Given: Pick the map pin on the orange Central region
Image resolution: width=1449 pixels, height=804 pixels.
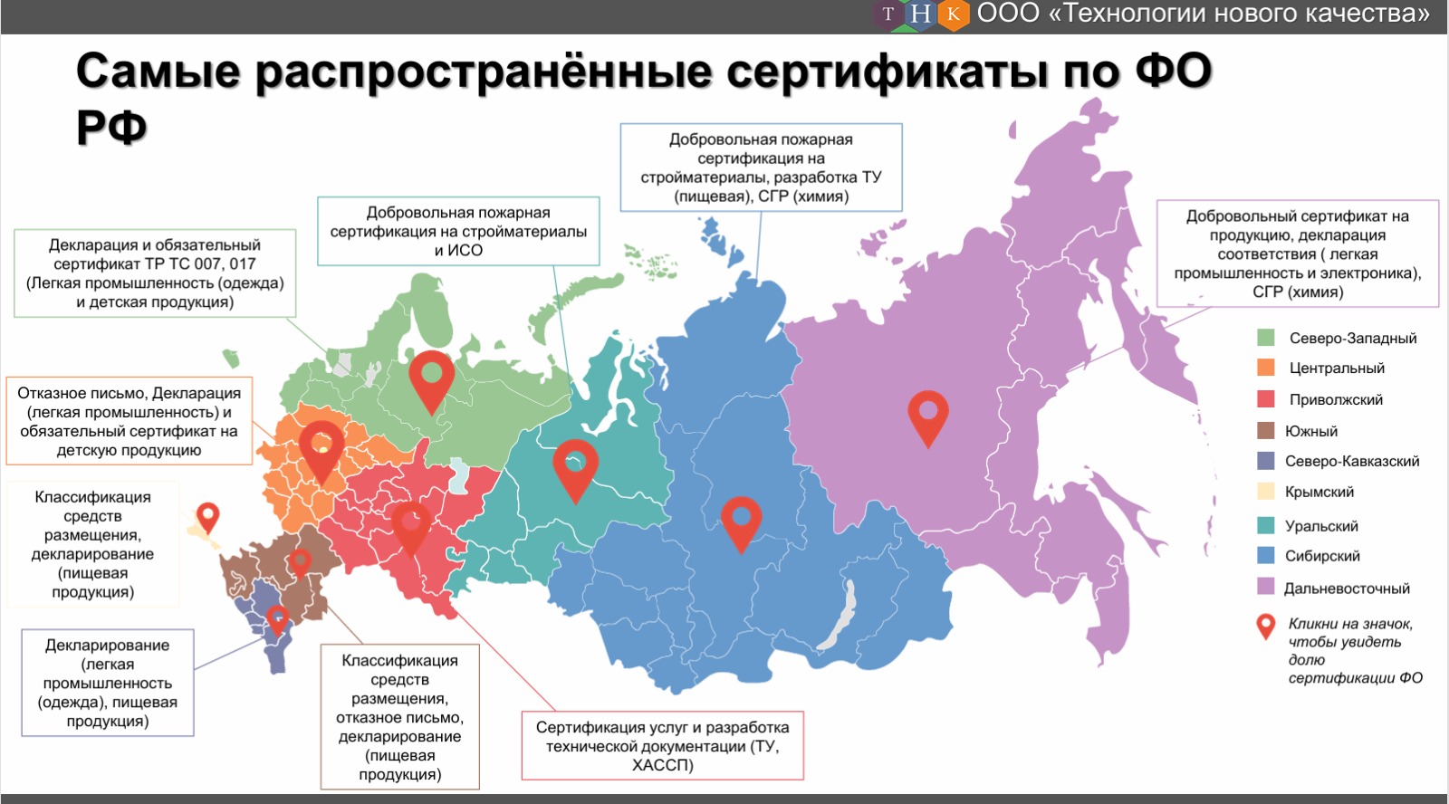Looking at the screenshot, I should tap(321, 446).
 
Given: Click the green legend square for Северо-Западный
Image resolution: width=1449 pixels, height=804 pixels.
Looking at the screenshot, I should tap(1266, 338).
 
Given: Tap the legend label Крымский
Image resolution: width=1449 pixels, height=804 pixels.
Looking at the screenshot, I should tap(1319, 492).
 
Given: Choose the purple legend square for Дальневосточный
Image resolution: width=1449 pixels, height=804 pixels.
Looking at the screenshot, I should tap(1266, 587).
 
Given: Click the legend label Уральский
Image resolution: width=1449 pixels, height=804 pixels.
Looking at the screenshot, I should tap(1321, 526).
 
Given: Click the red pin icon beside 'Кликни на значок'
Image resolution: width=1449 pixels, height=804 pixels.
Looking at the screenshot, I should tap(1266, 626).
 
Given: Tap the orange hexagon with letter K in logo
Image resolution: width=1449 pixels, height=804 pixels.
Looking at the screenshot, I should tap(953, 14).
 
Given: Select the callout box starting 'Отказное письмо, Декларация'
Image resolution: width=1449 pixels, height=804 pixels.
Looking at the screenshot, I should tap(130, 421).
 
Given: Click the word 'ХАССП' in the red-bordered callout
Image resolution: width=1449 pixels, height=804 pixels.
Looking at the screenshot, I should tap(662, 765).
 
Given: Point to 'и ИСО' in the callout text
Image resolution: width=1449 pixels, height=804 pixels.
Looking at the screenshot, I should tap(458, 250).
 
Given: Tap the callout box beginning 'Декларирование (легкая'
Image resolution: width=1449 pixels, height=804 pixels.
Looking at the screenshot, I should tap(108, 683).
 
